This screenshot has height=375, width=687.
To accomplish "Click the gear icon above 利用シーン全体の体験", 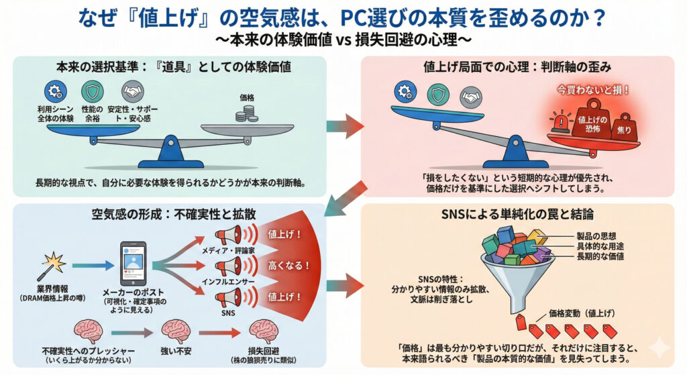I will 54,92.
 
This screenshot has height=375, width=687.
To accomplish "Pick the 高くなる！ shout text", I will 288,265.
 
